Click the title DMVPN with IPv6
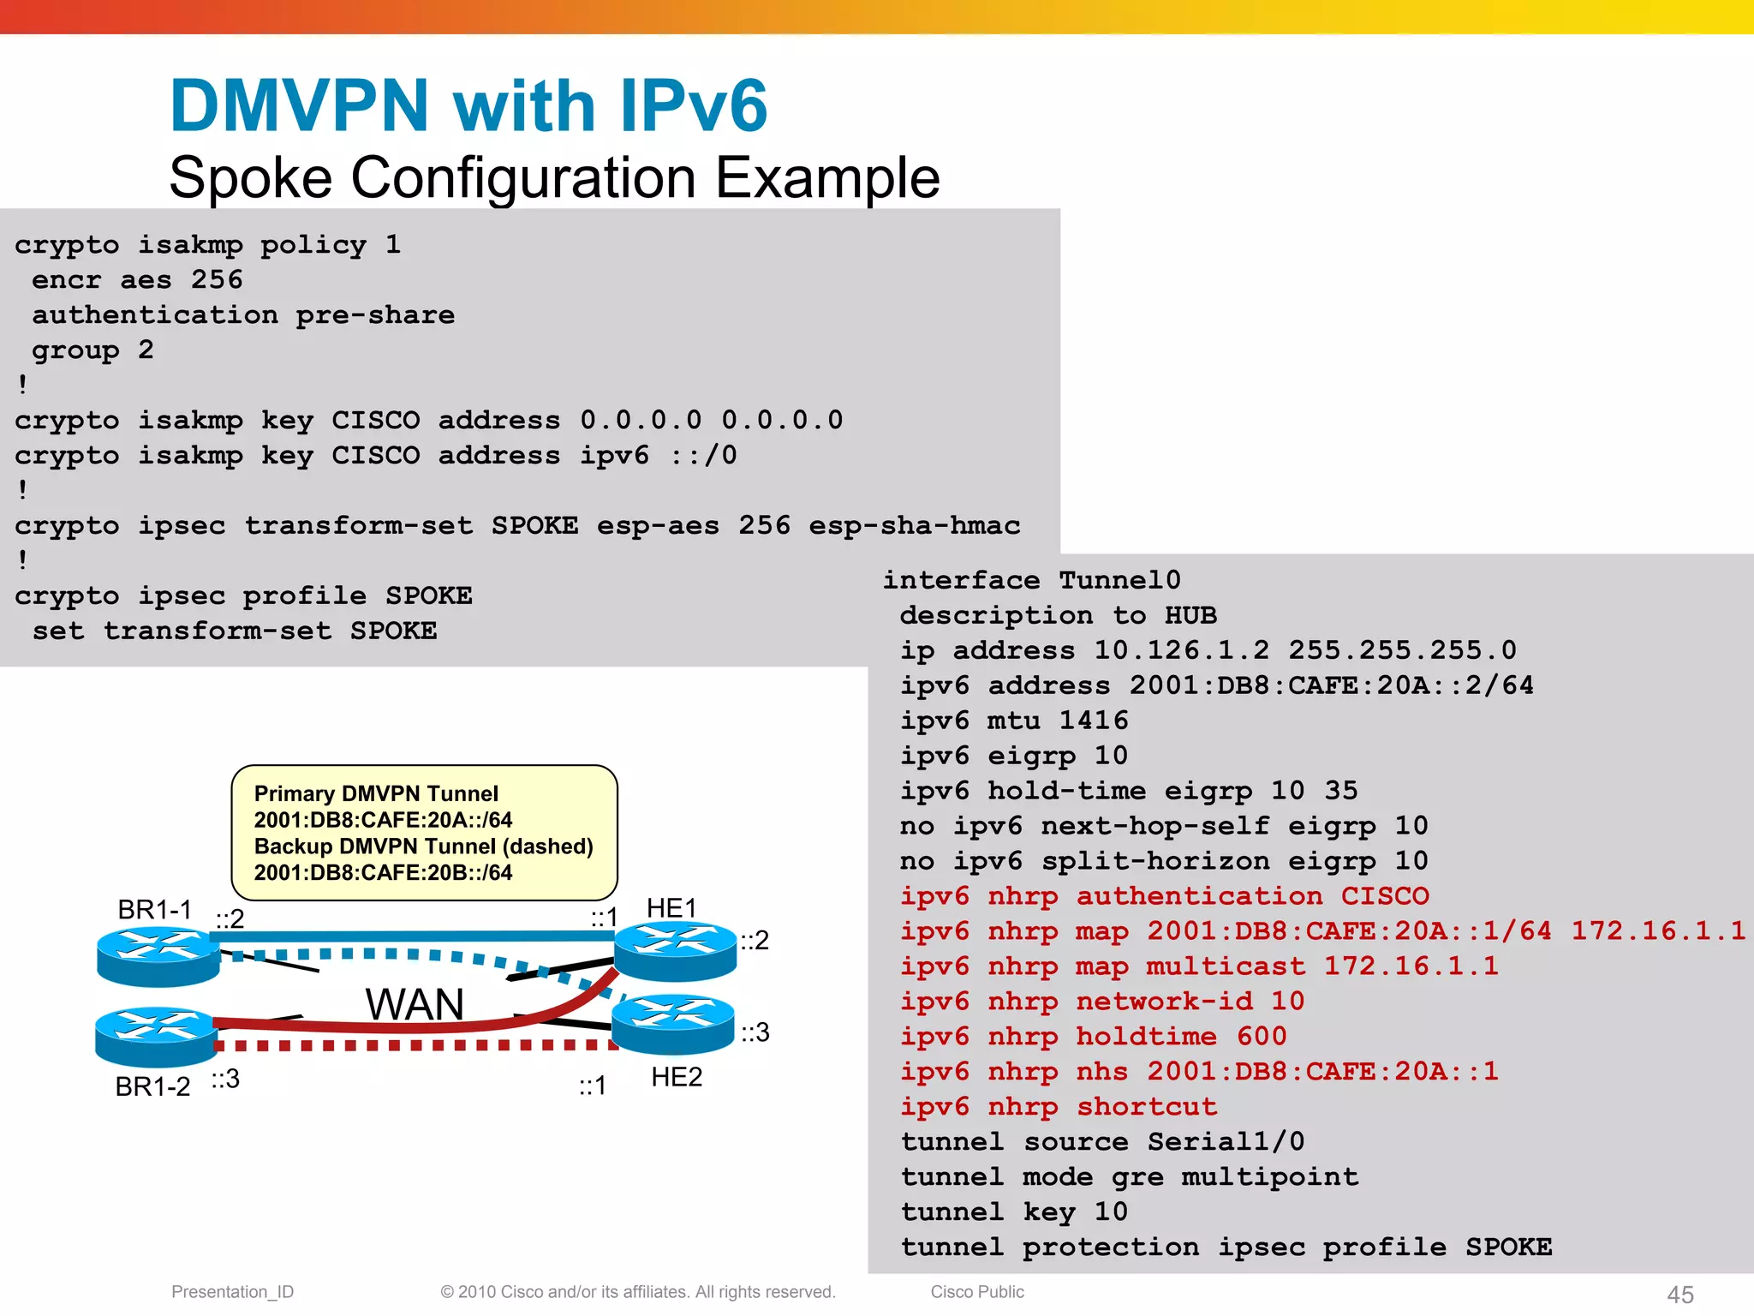coord(468,105)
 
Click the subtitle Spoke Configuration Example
coord(554,177)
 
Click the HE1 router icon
coord(675,950)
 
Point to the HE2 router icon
coord(673,1023)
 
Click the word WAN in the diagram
coord(415,1003)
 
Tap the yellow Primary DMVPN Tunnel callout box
coord(424,833)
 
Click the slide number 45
coord(1679,1294)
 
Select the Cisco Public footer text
coord(977,1291)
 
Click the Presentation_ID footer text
coord(232,1291)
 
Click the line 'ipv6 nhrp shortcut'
coord(1059,1106)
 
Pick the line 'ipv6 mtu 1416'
coord(1014,720)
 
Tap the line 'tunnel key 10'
coord(1014,1211)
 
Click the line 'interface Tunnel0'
coord(1031,580)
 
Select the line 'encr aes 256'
coord(137,279)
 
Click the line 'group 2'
coord(92,350)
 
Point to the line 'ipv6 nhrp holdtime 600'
coord(1093,1036)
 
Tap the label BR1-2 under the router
coord(152,1086)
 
